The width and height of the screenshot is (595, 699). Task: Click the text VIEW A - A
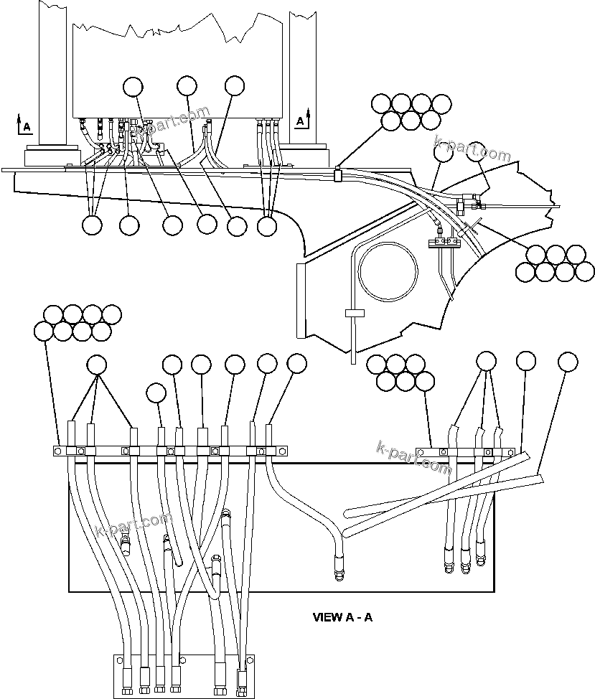click(342, 616)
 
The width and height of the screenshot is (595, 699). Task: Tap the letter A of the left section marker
click(27, 127)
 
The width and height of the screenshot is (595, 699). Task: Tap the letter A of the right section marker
click(300, 121)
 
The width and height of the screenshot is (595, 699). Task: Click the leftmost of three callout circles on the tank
click(133, 86)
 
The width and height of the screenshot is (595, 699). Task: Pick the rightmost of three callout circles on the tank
click(235, 85)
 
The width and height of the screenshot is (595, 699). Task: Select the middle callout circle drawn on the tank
click(187, 86)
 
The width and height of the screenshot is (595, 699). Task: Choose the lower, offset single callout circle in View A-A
click(156, 393)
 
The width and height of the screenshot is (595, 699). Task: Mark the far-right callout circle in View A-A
click(568, 362)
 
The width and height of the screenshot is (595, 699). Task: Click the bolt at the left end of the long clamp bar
click(57, 451)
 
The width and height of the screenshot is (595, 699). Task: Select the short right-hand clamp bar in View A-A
click(466, 453)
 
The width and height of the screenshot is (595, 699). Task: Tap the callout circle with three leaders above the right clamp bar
click(486, 362)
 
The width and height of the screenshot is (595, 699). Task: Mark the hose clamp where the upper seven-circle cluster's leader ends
click(338, 173)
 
